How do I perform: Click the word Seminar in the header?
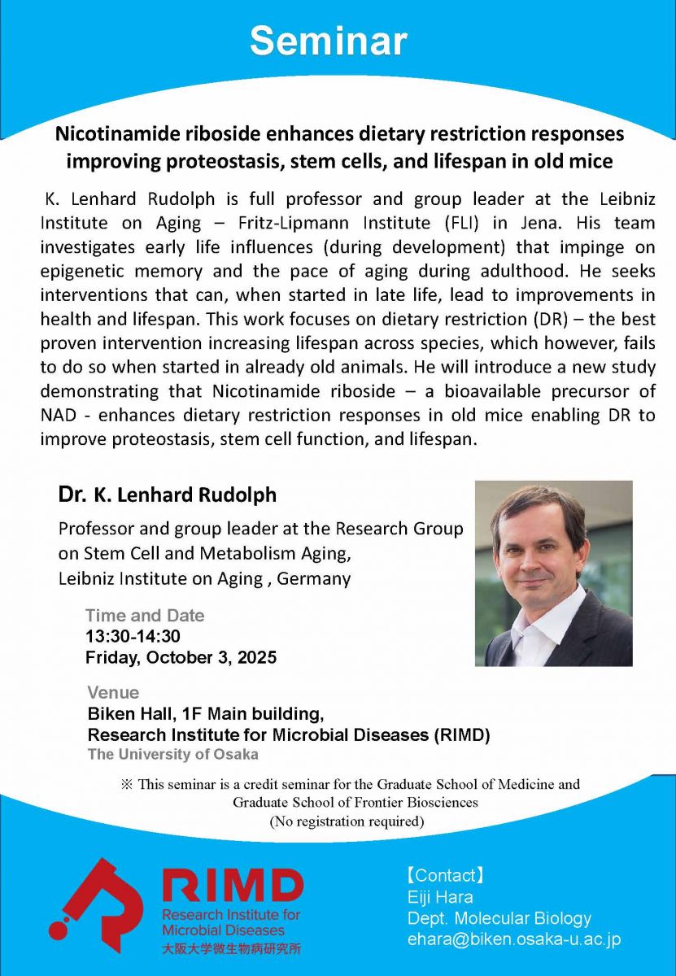click(328, 41)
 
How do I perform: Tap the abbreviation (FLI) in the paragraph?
click(482, 221)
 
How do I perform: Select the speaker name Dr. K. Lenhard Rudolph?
click(167, 495)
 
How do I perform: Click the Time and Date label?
click(145, 616)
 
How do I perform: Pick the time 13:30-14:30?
click(133, 636)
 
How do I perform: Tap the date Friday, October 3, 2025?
click(181, 657)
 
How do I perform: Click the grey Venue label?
click(113, 693)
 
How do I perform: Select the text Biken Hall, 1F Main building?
click(206, 714)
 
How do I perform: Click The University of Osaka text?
click(172, 754)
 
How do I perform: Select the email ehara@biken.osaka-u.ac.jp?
click(513, 939)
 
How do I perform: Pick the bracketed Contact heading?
click(445, 876)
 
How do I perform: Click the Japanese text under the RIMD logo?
click(231, 948)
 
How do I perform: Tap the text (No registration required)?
click(347, 821)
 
